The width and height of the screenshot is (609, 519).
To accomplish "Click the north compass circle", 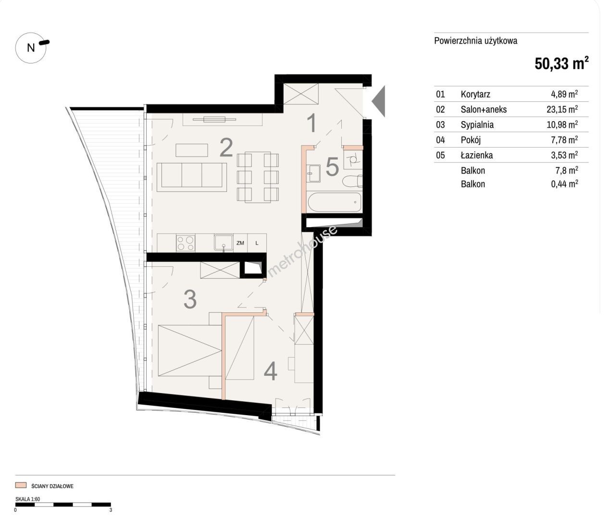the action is coord(16,48).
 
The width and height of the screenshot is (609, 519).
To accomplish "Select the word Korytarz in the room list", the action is coord(475,94).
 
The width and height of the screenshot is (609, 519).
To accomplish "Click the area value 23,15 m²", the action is coord(562,109).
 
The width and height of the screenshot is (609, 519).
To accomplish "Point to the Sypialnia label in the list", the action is coord(477,124).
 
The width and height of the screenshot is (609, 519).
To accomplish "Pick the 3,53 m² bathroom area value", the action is coord(564,155).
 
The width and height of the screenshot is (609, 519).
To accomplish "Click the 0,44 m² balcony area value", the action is coord(564,184).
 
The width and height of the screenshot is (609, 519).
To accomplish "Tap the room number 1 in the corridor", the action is coord(312,123).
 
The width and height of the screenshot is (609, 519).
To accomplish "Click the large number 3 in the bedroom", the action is coord(190,299).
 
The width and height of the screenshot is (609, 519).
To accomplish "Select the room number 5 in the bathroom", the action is coord(332,167).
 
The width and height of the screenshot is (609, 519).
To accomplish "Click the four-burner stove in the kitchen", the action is coord(186,243).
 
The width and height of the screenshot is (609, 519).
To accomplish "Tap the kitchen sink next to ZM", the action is coord(224,243).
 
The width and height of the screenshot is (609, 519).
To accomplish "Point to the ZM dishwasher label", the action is coord(240,243).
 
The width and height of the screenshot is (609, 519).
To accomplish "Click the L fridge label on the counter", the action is coord(257,243).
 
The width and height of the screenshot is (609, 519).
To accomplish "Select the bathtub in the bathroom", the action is coord(334,202).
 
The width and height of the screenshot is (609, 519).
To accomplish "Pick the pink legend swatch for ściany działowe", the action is coord(21,485).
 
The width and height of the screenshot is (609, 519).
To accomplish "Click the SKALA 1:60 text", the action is coord(27,499).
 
